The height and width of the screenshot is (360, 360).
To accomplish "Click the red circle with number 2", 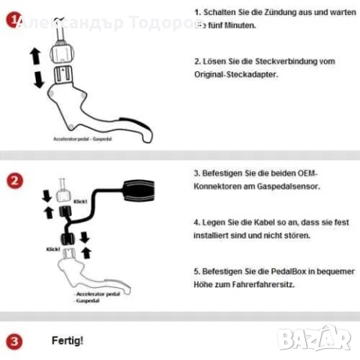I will tap(14, 181).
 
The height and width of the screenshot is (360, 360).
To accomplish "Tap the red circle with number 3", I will tap(14, 342).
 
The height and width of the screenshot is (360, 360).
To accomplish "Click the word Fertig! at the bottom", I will tap(67, 341).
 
